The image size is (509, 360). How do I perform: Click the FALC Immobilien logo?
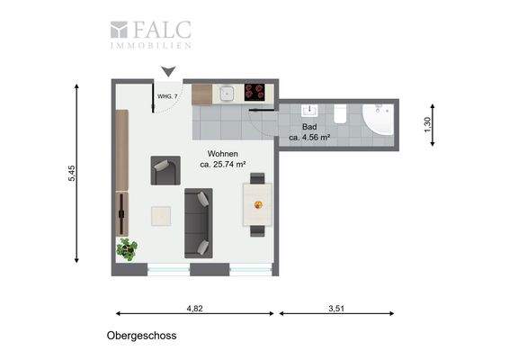[149, 33]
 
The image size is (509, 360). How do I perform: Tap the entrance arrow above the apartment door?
[167, 72]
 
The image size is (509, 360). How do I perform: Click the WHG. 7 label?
[166, 94]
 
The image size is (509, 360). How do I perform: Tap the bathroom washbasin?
[312, 112]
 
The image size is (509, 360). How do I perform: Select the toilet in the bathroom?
[340, 113]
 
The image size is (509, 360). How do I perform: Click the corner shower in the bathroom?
[379, 120]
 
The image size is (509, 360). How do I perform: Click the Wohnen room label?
[223, 154]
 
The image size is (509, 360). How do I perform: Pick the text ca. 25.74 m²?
[223, 165]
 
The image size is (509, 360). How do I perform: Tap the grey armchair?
[165, 169]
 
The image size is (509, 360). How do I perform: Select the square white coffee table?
[162, 217]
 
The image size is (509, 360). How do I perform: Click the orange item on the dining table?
[258, 204]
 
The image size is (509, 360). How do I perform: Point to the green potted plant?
[127, 247]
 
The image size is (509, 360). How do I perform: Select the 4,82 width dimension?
[194, 309]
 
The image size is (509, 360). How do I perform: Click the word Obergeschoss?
[140, 336]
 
